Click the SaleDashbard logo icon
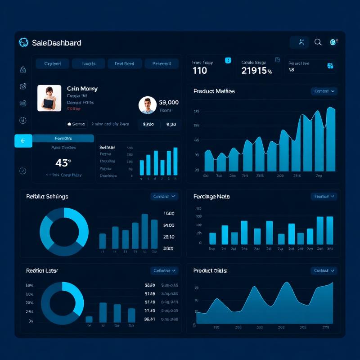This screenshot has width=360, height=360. tap(23, 42)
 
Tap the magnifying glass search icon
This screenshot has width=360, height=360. tap(318, 42)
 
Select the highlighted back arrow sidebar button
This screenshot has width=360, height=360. tap(23, 141)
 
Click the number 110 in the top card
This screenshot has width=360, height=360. tap(200, 71)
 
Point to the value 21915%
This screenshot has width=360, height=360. tap(256, 71)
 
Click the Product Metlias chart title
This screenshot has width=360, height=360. tap(214, 91)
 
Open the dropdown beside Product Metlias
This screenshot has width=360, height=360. tap(324, 91)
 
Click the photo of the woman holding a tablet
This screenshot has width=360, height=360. tap(49, 98)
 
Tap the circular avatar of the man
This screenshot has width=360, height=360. tap(148, 105)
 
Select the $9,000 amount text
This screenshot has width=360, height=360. tap(169, 103)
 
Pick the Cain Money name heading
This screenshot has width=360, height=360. tap(82, 89)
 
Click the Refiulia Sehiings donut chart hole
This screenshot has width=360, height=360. tap(64, 232)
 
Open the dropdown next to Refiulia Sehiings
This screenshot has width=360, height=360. tap(164, 196)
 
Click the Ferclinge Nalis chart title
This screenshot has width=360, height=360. tap(211, 197)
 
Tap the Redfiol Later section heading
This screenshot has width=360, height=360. tap(42, 270)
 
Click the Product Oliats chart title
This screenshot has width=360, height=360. tap(210, 270)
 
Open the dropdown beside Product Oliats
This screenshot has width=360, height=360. tap(324, 270)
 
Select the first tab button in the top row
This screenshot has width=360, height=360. tap(52, 63)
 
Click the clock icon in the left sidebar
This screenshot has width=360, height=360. tap(23, 171)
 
